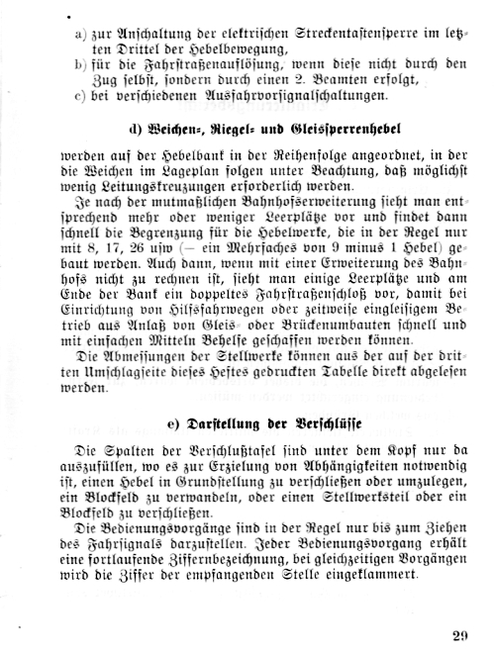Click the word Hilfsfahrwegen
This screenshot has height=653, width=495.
[189, 322]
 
